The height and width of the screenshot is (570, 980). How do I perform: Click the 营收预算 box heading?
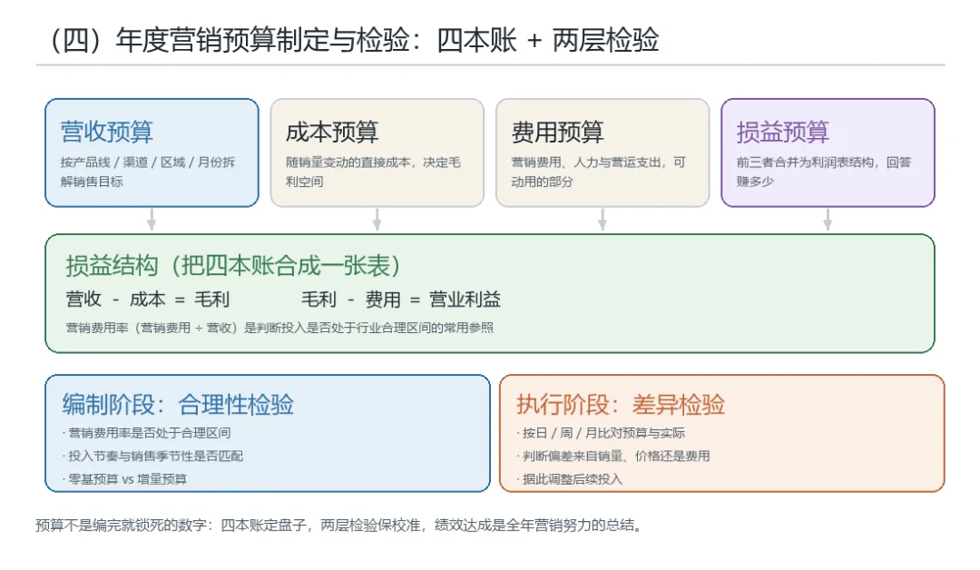[x=107, y=132]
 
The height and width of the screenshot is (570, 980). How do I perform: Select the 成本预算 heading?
[x=332, y=132]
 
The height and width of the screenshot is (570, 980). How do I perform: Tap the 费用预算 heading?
[x=557, y=132]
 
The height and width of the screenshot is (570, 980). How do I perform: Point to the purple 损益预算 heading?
[x=782, y=132]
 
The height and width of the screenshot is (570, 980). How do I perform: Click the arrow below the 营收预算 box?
[x=152, y=220]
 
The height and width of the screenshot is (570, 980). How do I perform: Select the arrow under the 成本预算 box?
[x=377, y=220]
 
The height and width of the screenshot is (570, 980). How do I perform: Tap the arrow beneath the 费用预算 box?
[x=602, y=220]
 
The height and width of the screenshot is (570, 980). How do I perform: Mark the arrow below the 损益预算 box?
[x=828, y=220]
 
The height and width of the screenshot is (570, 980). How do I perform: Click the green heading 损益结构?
[x=112, y=266]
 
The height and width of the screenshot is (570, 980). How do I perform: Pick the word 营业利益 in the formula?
[x=465, y=300]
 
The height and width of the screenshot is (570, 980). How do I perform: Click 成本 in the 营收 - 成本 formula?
[x=148, y=300]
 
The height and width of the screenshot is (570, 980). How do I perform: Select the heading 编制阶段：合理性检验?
[x=178, y=405]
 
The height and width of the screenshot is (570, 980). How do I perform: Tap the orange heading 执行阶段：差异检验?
[x=621, y=405]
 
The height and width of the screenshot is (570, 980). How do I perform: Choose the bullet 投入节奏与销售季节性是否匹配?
[x=152, y=457]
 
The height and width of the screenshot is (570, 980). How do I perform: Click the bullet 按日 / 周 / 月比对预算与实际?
[x=601, y=433]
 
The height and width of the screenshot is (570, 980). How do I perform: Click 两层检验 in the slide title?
[x=605, y=40]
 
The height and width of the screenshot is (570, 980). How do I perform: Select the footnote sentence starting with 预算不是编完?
[x=339, y=525]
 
